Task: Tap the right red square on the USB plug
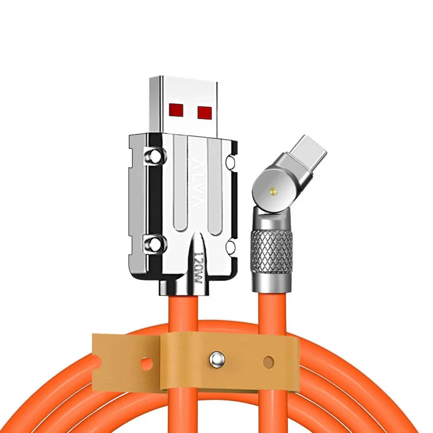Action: (x=205, y=111)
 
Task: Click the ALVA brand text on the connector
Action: (x=198, y=182)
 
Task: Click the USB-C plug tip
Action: (x=309, y=152)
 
